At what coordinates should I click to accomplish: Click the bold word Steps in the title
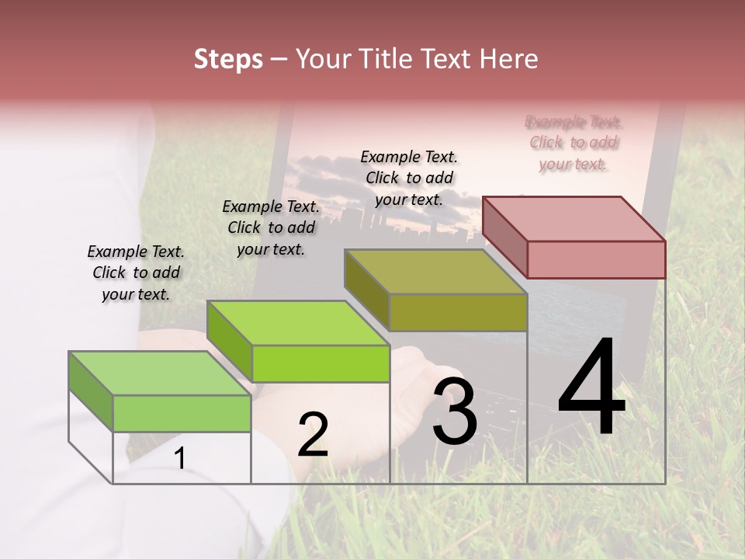tap(228, 59)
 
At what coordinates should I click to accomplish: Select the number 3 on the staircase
tap(454, 411)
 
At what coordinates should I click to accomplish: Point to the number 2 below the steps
tap(313, 435)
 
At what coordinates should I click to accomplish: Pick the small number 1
tap(180, 458)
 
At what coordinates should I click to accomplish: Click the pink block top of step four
tap(574, 218)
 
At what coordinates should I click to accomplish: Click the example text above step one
tap(136, 273)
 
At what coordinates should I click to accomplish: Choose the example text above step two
tap(271, 227)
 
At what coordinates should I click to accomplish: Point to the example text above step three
tap(409, 178)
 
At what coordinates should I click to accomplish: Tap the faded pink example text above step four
tap(573, 143)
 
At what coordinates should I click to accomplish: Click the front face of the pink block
tap(596, 259)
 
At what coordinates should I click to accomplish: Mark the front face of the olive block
tap(458, 312)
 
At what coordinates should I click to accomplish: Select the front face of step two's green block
tap(321, 363)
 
